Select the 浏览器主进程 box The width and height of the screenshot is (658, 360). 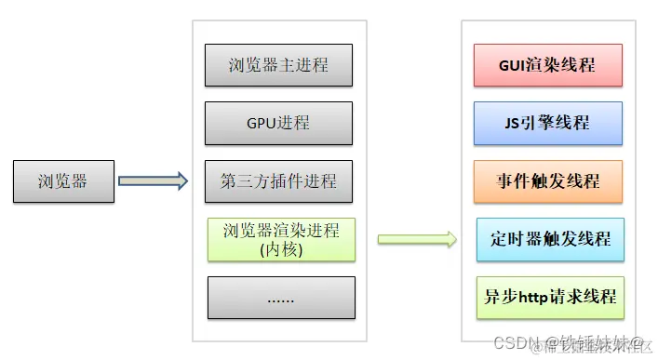pos(278,66)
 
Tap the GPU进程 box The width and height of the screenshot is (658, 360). pos(278,123)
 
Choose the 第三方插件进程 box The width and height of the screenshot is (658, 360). pos(278,180)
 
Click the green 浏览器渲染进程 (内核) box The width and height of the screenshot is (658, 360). pos(281,239)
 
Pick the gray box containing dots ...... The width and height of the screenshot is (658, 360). pos(281,298)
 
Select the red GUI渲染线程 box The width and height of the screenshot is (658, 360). pos(547,66)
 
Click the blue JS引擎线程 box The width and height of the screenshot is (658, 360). pos(547,123)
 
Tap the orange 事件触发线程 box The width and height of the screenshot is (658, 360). pos(548,180)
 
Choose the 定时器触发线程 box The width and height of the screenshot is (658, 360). pos(550,239)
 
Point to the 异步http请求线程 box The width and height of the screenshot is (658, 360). pos(550,298)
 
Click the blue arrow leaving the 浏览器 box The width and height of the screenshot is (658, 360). pos(154,180)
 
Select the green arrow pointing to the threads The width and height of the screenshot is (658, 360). pos(417,239)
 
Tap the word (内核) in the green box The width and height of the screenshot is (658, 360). pos(281,248)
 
